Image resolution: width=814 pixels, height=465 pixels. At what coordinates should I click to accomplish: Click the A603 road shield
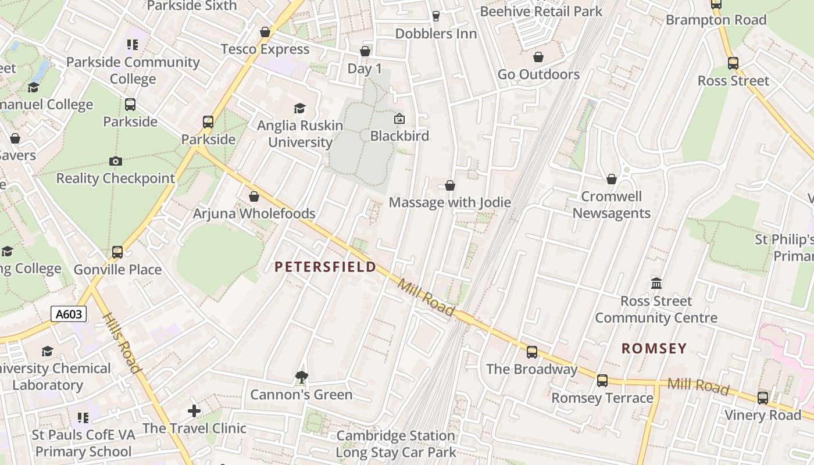pyautogui.click(x=69, y=314)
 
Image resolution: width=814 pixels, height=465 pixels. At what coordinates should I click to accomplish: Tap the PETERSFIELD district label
pyautogui.click(x=325, y=267)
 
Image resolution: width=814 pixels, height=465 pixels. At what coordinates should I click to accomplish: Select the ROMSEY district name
pyautogui.click(x=654, y=348)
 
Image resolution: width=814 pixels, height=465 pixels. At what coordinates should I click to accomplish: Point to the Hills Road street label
pyautogui.click(x=122, y=343)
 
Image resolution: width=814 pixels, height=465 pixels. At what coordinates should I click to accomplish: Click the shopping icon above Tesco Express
pyautogui.click(x=265, y=32)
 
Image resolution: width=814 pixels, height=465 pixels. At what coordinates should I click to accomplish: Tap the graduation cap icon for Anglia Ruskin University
pyautogui.click(x=299, y=108)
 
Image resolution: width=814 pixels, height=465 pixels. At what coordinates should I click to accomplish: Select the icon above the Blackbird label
pyautogui.click(x=399, y=119)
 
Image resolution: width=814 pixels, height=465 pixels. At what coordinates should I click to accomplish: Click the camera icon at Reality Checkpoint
pyautogui.click(x=115, y=161)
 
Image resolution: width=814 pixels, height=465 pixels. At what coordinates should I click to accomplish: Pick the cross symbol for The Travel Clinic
pyautogui.click(x=194, y=411)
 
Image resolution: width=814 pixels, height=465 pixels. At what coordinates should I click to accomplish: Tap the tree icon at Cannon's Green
pyautogui.click(x=301, y=378)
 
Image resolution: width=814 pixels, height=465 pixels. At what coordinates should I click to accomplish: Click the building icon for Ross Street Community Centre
pyautogui.click(x=656, y=284)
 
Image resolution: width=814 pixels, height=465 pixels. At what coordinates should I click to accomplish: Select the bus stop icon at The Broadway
pyautogui.click(x=532, y=352)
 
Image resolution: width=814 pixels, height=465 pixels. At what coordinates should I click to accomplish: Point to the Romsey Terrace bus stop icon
pyautogui.click(x=602, y=381)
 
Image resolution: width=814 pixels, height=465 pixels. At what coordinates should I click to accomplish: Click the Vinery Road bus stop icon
pyautogui.click(x=763, y=398)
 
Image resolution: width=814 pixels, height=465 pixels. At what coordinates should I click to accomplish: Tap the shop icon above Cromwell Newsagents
pyautogui.click(x=612, y=179)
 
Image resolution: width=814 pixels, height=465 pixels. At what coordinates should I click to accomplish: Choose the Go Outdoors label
pyautogui.click(x=538, y=74)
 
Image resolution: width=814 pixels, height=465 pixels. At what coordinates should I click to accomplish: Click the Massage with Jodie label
pyautogui.click(x=449, y=202)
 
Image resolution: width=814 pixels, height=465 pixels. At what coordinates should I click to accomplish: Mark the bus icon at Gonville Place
pyautogui.click(x=117, y=252)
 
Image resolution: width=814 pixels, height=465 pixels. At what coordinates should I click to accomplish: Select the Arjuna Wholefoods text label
pyautogui.click(x=254, y=213)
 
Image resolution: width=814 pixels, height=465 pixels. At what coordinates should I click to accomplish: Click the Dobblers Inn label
pyautogui.click(x=436, y=34)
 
